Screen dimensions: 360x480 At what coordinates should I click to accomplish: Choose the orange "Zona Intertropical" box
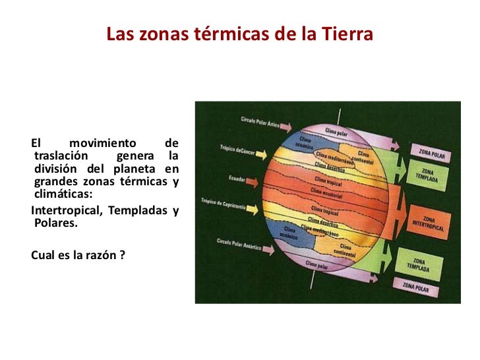coord(430,222)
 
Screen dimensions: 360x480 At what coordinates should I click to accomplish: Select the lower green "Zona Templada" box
coord(429,265)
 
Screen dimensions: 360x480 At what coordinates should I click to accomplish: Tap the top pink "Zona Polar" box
coord(430,151)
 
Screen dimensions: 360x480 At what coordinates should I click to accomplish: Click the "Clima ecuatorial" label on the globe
coord(328,192)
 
